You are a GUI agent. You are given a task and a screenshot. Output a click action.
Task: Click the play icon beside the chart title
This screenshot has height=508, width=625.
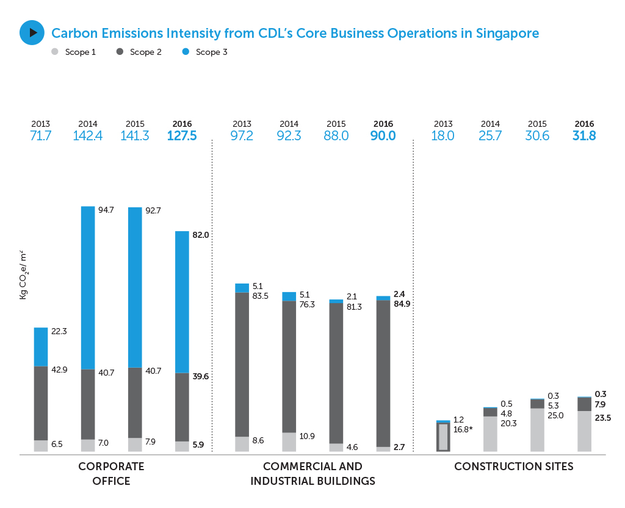pyautogui.click(x=32, y=32)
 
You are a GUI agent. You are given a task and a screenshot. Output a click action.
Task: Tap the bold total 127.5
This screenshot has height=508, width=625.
pyautogui.click(x=182, y=135)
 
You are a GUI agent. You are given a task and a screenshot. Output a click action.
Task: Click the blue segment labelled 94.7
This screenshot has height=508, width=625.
pyautogui.click(x=88, y=287)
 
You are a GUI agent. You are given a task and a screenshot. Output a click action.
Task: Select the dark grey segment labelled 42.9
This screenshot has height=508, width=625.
pyautogui.click(x=41, y=403)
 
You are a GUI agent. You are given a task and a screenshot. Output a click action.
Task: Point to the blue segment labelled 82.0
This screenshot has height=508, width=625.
pyautogui.click(x=182, y=302)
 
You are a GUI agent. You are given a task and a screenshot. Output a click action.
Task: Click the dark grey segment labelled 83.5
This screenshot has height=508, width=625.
pyautogui.click(x=242, y=364)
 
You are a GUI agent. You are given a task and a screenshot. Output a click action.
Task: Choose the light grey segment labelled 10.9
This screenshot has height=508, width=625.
pyautogui.click(x=289, y=442)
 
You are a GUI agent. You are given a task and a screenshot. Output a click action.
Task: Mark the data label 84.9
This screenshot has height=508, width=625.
pyautogui.click(x=402, y=304)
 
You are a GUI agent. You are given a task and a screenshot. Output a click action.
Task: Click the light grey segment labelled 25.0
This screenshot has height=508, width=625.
pyautogui.click(x=537, y=429)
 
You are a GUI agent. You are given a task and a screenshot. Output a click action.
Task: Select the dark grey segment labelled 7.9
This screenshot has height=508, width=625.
pyautogui.click(x=584, y=404)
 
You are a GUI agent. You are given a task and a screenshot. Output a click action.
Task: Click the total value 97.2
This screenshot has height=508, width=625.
pyautogui.click(x=242, y=135)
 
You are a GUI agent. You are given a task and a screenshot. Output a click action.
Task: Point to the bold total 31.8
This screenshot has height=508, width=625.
pyautogui.click(x=584, y=135)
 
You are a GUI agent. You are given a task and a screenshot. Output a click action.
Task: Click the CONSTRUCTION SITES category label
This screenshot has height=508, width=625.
pyautogui.click(x=513, y=467)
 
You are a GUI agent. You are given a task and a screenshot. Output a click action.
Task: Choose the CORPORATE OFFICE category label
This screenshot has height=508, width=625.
pyautogui.click(x=111, y=474)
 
